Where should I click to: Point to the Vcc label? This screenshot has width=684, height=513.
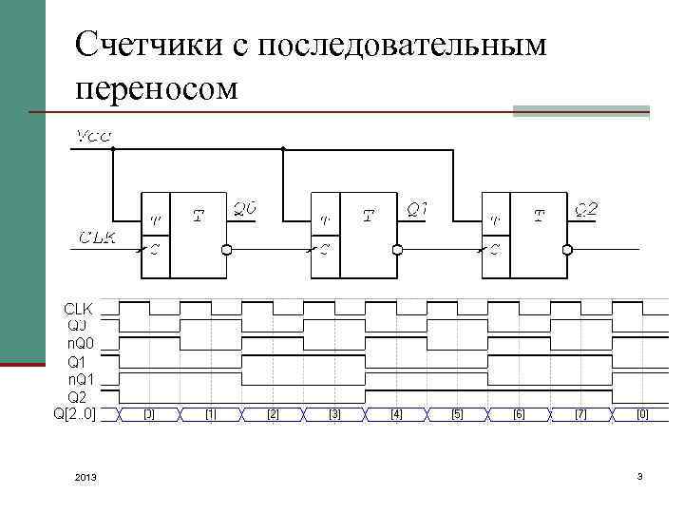(93, 137)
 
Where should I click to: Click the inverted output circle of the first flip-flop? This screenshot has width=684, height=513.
(227, 250)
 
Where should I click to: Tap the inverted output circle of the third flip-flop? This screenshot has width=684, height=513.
(568, 250)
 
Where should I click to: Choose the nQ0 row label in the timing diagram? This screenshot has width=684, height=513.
(79, 344)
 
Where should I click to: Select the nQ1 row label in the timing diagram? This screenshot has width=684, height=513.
(79, 379)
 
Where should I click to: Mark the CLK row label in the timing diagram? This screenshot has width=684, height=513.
(79, 310)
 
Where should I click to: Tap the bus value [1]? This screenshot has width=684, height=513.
(211, 414)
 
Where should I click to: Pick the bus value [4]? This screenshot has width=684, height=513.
(396, 414)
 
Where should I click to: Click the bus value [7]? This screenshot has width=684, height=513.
(581, 414)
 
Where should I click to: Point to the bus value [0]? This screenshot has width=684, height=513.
(643, 414)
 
